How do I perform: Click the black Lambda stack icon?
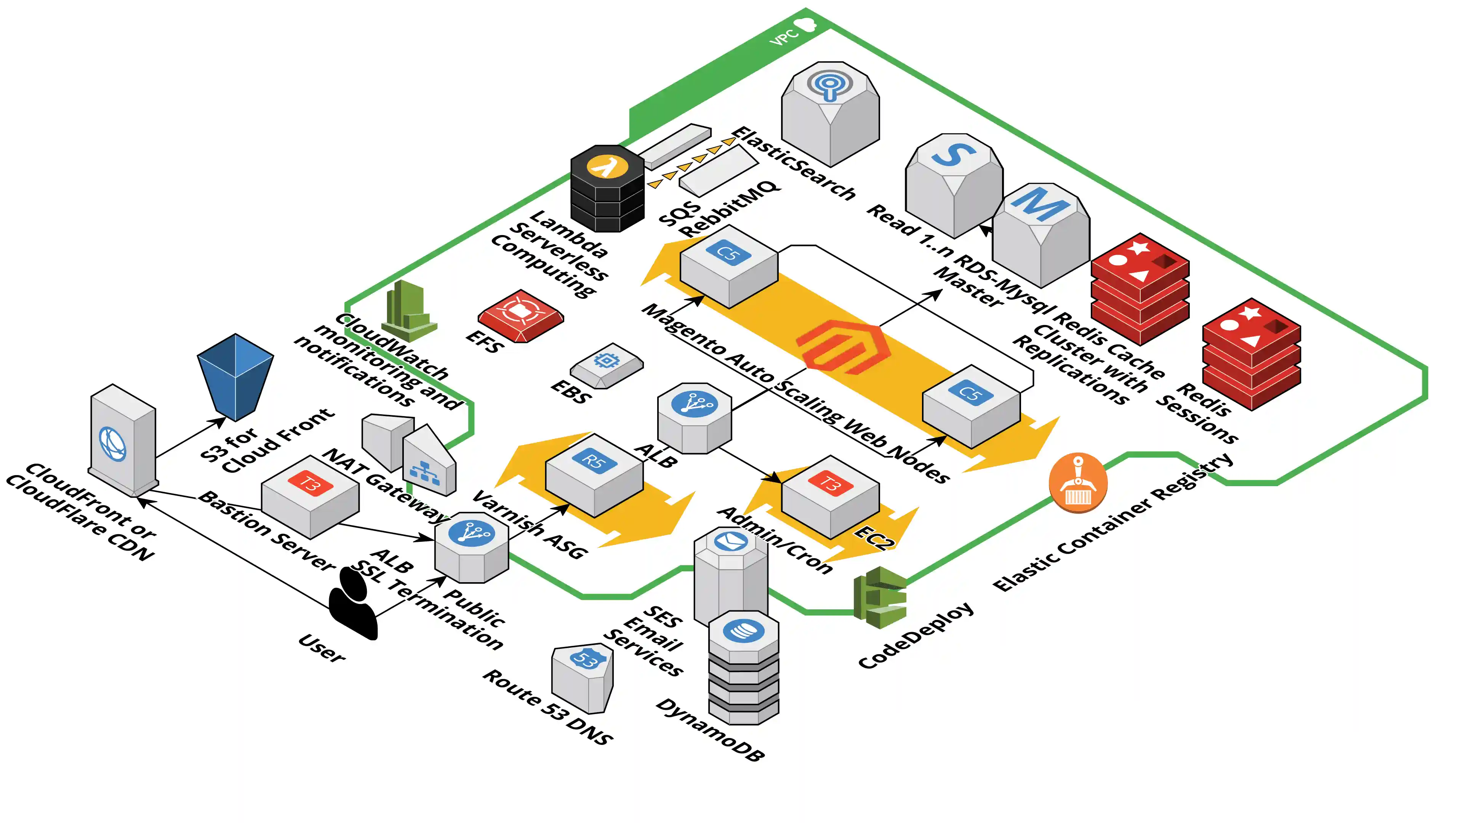point(607,189)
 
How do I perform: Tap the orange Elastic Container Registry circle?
point(1077,482)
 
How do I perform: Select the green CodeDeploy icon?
point(880,597)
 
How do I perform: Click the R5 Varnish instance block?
point(594,474)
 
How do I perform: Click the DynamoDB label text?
point(710,730)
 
